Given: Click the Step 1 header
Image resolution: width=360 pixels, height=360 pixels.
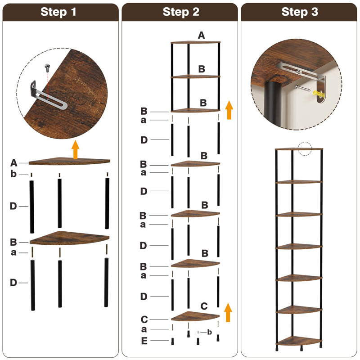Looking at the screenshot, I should click(x=60, y=12).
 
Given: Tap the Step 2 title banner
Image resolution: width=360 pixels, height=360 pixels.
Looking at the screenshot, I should click(x=180, y=12).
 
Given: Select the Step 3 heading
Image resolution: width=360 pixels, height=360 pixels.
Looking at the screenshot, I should click(x=300, y=12).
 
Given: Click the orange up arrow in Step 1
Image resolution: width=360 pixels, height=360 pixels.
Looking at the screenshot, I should click(x=75, y=149).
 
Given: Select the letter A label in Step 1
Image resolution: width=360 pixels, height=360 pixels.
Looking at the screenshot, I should click(x=13, y=162).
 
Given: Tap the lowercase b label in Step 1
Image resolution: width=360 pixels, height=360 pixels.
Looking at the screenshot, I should click(x=13, y=174).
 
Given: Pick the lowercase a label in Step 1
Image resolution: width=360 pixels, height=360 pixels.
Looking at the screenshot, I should click(x=13, y=252).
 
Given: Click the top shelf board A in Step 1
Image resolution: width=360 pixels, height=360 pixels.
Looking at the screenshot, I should click(x=70, y=161).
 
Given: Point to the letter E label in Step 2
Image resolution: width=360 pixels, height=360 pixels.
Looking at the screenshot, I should click(x=144, y=341).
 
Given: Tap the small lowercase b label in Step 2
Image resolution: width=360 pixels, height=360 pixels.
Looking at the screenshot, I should click(x=210, y=332).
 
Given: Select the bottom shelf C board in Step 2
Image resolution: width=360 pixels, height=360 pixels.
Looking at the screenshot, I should click(x=196, y=316).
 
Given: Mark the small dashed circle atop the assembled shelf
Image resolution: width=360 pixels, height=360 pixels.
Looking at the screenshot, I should click(x=305, y=148).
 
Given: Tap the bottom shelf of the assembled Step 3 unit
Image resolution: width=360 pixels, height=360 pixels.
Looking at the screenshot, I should click(x=300, y=341).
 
